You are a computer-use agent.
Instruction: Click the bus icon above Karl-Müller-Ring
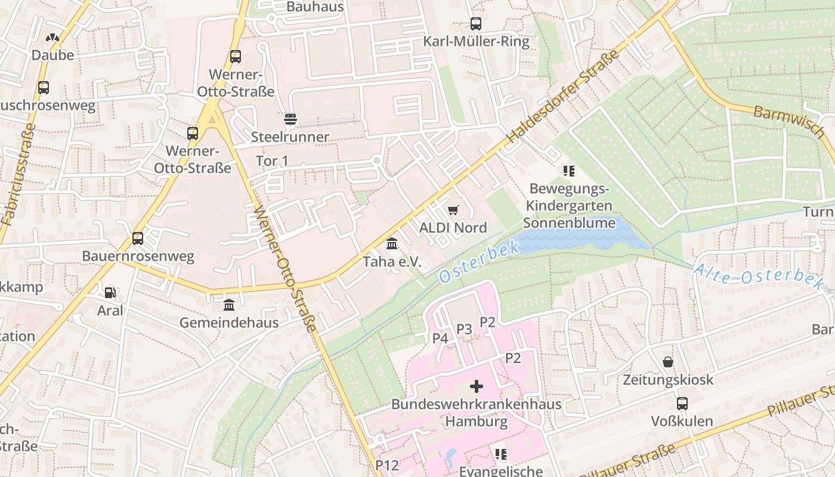[475, 24]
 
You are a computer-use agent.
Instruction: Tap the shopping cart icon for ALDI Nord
[453, 210]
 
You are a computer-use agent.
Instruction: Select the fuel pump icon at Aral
[110, 293]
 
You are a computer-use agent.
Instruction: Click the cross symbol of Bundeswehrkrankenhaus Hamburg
[477, 386]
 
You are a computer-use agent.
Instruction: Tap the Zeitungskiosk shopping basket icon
[668, 362]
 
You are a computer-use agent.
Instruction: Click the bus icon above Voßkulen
[682, 404]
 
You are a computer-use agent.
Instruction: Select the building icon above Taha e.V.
[392, 244]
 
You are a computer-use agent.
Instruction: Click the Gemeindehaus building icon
[229, 305]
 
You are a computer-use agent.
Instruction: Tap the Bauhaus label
[316, 7]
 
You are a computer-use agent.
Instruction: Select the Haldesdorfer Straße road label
[564, 98]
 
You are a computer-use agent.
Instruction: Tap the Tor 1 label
[272, 161]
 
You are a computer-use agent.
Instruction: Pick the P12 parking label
[387, 465]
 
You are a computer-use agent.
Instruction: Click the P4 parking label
[440, 338]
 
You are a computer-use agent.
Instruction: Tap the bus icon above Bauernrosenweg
[138, 238]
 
